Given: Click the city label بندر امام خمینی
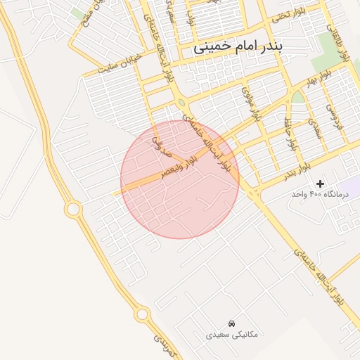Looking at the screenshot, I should pos(240,47).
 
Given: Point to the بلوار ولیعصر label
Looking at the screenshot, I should pos(179,166).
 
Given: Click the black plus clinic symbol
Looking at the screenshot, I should pos(321,184).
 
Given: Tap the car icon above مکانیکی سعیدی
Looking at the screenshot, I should pos(232,323).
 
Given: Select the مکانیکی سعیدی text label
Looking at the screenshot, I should pos(231,335).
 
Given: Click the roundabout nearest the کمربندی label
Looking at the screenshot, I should pos(143,314).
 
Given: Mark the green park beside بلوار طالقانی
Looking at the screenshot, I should pos(325,46).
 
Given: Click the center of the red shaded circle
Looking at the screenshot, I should pos(180,179).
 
